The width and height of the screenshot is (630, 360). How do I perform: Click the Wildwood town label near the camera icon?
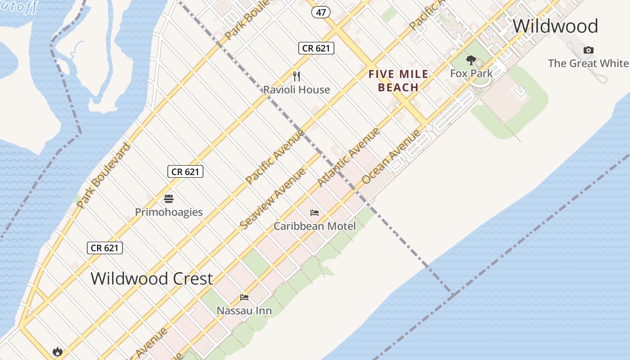(555, 26)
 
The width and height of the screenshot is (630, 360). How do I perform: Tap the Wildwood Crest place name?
(152, 279)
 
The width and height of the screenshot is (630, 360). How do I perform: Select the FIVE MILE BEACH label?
(398, 81)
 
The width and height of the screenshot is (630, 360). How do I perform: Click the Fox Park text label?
(471, 73)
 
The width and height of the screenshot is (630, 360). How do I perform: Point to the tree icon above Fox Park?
(471, 60)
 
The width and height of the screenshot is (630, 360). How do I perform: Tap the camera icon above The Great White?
(588, 50)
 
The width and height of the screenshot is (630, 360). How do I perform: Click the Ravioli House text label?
(297, 90)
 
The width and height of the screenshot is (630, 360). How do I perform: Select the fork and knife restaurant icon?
(296, 76)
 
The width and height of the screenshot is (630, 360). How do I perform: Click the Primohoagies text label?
(169, 212)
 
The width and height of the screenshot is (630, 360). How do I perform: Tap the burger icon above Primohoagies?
(169, 198)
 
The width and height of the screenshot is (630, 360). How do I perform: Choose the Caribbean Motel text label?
(315, 226)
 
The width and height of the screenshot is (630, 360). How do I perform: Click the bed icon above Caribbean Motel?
(315, 212)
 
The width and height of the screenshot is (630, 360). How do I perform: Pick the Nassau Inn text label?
(244, 310)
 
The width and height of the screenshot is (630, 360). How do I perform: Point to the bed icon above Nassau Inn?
(244, 297)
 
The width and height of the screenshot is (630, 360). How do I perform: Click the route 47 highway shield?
(320, 13)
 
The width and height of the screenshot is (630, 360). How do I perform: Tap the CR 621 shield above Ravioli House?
(316, 48)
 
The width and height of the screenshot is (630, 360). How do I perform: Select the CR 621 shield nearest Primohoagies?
(185, 171)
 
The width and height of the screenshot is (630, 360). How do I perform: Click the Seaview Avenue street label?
(273, 198)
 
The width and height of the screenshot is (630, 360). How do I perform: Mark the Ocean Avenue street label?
(391, 156)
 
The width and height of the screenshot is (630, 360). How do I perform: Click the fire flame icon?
(57, 351)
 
